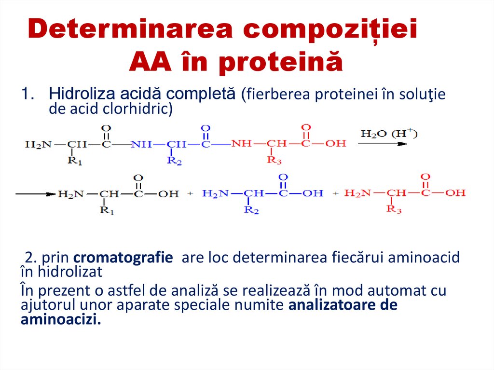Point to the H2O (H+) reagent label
tap(388, 134)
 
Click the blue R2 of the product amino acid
tap(251, 210)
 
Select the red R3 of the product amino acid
tap(394, 210)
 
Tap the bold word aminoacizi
tap(61, 320)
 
